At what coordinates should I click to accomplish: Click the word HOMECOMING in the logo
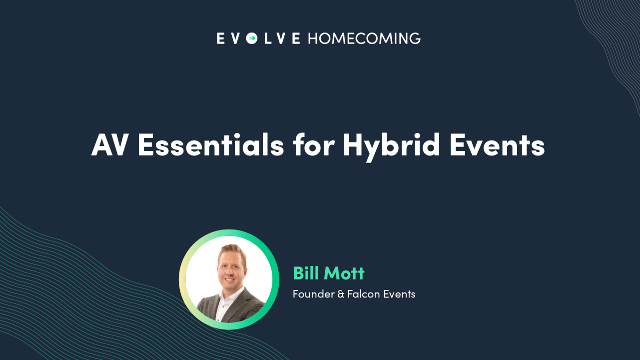pos(364,38)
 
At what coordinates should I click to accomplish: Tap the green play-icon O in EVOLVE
pos(252,38)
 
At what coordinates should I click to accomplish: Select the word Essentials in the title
pos(210,145)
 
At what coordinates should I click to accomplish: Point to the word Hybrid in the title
pos(391,145)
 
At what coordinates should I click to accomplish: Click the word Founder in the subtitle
pos(313,294)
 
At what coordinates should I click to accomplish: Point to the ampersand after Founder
pos(341,294)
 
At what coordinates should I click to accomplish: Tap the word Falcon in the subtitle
pos(364,294)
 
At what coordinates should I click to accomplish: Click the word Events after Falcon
pos(399,294)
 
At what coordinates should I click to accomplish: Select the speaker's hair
pos(231,250)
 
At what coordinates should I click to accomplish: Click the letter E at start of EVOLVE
pos(220,38)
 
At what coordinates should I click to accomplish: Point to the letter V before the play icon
pos(236,38)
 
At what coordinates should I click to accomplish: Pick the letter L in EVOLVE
pos(267,38)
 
